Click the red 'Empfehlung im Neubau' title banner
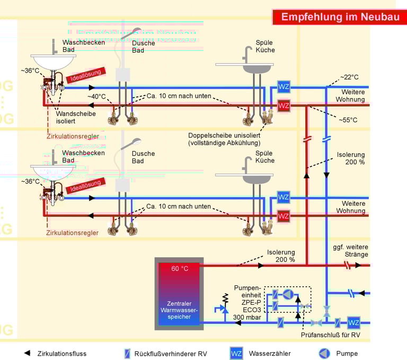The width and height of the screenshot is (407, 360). click(x=340, y=17)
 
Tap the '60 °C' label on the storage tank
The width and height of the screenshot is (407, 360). click(x=179, y=268)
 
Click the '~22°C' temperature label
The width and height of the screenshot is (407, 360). click(x=351, y=77)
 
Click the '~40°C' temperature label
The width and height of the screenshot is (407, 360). click(x=97, y=96)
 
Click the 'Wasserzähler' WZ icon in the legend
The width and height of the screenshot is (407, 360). click(x=236, y=353)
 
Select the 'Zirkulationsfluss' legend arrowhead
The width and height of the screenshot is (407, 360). click(x=26, y=353)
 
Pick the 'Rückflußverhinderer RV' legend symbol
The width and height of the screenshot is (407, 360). click(x=127, y=353)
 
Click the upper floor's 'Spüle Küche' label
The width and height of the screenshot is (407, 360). click(x=265, y=46)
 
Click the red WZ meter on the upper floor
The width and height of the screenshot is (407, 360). click(x=284, y=106)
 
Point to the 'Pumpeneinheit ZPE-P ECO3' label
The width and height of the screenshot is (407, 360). click(x=247, y=298)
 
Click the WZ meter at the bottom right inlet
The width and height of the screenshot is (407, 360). click(x=353, y=322)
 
